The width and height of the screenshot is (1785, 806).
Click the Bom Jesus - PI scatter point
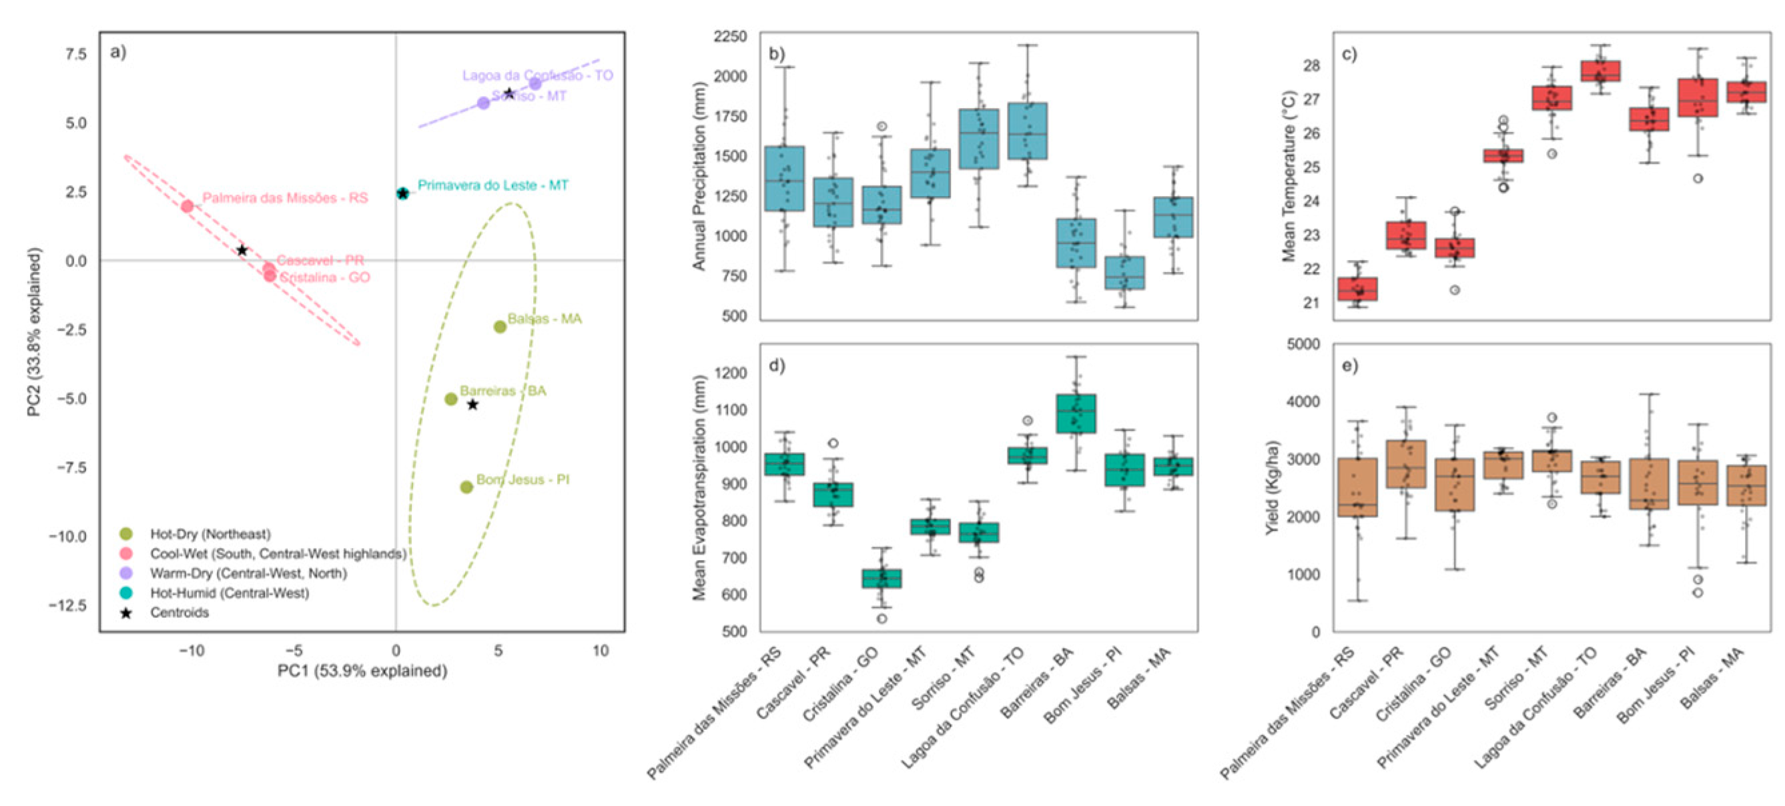tap(466, 487)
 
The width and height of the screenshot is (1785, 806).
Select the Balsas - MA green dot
tap(500, 327)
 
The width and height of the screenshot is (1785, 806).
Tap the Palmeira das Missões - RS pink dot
tap(187, 205)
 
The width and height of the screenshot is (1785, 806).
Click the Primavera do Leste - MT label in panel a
tap(492, 185)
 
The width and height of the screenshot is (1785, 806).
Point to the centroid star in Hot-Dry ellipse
tap(472, 405)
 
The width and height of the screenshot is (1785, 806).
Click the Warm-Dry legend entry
tap(248, 573)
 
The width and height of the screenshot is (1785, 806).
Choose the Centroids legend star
tap(126, 613)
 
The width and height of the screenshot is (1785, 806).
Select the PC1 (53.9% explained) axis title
tap(362, 671)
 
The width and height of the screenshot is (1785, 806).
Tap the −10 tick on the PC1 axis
tap(192, 651)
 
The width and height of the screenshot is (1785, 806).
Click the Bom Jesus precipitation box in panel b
tap(1124, 272)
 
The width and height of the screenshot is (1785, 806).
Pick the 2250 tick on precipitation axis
tap(731, 36)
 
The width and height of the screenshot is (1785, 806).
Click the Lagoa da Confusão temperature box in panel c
tap(1600, 71)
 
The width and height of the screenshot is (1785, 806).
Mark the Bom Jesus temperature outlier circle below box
tap(1698, 179)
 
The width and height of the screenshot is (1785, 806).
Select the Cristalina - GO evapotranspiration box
tap(881, 578)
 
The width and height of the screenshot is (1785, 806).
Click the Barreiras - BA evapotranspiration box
tap(1076, 413)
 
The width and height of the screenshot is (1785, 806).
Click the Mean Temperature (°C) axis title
tap(1288, 176)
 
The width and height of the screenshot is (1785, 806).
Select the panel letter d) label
tap(777, 365)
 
